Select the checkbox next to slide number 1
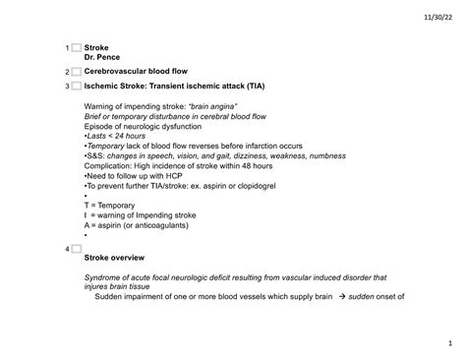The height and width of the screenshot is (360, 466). [76, 48]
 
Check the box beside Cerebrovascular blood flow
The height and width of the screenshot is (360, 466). [76, 72]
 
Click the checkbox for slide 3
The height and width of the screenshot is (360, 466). [76, 87]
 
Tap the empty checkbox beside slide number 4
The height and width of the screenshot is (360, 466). [76, 249]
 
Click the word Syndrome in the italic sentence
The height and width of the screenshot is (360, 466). [106, 277]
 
